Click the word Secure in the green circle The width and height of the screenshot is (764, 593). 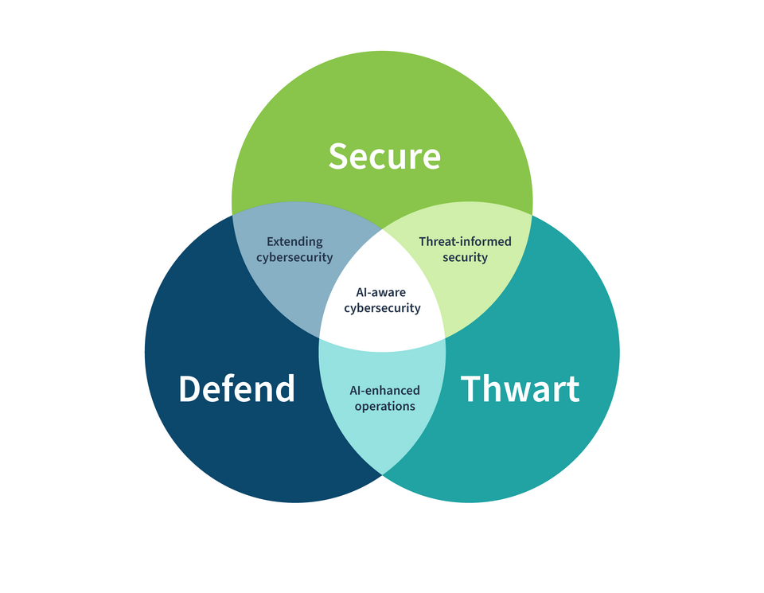[x=384, y=156]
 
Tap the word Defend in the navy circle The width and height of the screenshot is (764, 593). [x=236, y=389]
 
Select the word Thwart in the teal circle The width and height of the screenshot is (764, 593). [x=520, y=389]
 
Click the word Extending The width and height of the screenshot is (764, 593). [x=294, y=241]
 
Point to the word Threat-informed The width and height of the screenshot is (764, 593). [x=465, y=241]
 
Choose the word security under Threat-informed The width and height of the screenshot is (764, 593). [x=465, y=258]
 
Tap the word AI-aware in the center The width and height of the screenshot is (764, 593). [x=382, y=292]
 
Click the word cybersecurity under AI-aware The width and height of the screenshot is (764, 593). [x=382, y=309]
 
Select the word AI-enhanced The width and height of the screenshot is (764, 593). [x=384, y=390]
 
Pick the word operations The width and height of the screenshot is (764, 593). [x=384, y=407]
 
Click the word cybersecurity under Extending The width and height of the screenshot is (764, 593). [x=294, y=258]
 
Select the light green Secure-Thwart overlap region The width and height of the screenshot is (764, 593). [x=477, y=287]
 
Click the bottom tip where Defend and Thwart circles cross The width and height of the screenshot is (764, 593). [x=383, y=474]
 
